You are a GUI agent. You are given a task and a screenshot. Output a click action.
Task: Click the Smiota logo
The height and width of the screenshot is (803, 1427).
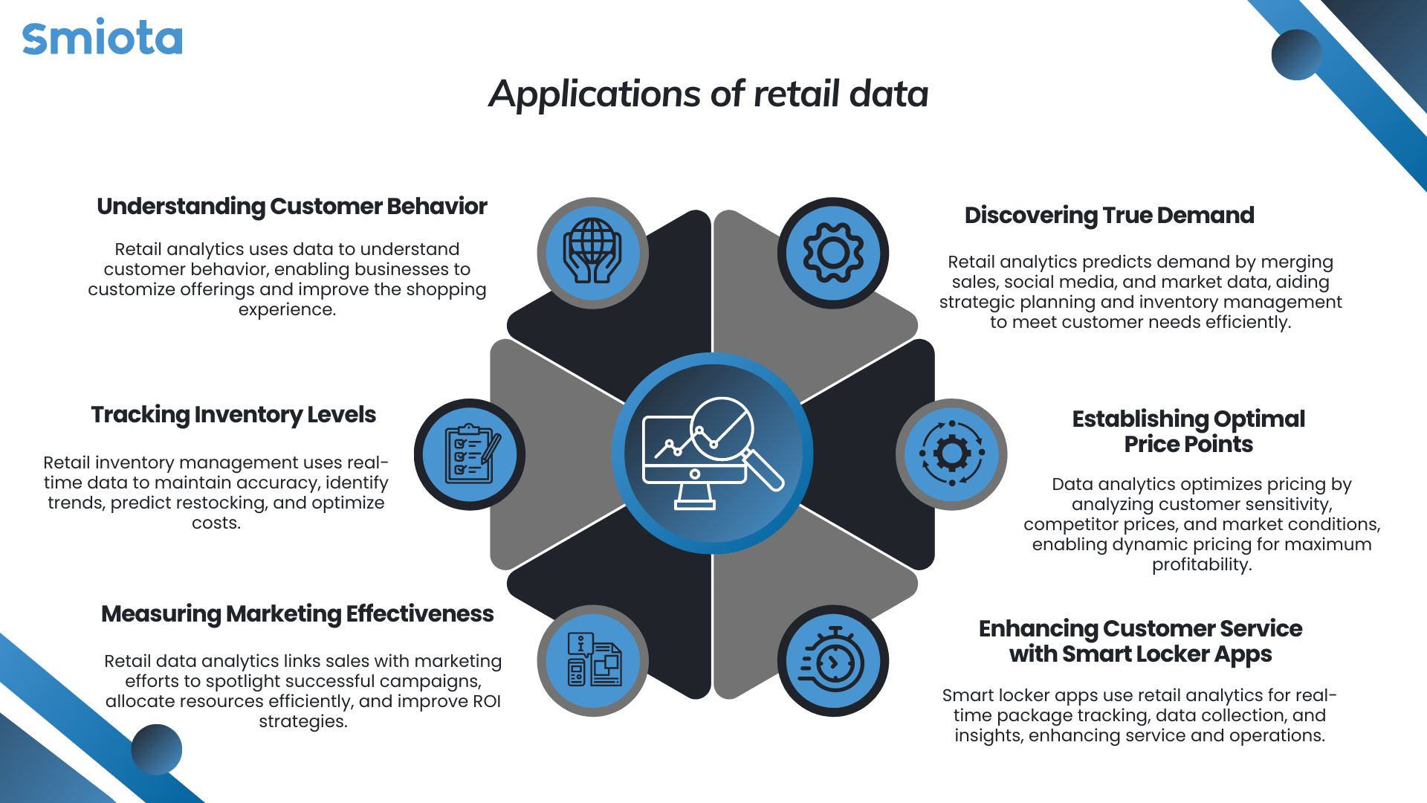(x=103, y=38)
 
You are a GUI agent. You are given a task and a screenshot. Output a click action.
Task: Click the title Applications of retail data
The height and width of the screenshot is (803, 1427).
(x=708, y=94)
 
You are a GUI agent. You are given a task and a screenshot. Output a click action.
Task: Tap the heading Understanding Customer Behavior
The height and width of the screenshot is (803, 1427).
(x=292, y=207)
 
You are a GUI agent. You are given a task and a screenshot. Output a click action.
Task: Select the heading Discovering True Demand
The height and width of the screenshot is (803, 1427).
(x=1109, y=215)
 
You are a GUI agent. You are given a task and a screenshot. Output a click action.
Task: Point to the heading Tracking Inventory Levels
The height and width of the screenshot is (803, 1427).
(x=233, y=415)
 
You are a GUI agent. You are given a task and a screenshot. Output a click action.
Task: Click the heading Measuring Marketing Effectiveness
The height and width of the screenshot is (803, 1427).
(x=297, y=614)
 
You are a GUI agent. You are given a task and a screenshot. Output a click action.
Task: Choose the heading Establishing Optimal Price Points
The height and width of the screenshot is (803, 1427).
(x=1188, y=431)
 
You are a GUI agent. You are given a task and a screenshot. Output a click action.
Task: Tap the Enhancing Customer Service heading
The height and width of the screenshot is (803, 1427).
(x=1140, y=641)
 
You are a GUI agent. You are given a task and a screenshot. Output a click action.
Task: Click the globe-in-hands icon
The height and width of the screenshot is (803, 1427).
(x=592, y=251)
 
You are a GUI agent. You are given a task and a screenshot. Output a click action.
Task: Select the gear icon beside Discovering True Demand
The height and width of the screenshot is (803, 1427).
(x=833, y=253)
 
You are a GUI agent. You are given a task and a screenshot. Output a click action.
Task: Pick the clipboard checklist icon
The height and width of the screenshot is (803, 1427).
(x=471, y=454)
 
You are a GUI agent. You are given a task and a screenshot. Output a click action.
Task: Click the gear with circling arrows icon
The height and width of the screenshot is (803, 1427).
(x=952, y=453)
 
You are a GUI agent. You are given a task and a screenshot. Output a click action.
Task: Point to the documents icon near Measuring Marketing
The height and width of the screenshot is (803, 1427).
(x=594, y=660)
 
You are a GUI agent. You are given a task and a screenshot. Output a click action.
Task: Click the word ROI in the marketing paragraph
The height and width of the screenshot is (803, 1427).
(x=487, y=701)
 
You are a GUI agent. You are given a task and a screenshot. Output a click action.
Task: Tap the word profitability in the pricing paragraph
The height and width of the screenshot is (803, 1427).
(x=1202, y=564)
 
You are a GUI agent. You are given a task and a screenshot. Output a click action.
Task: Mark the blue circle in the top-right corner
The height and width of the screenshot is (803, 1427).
(x=1296, y=54)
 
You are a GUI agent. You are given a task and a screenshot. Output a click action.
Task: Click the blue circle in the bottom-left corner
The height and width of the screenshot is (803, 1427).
(x=157, y=749)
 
